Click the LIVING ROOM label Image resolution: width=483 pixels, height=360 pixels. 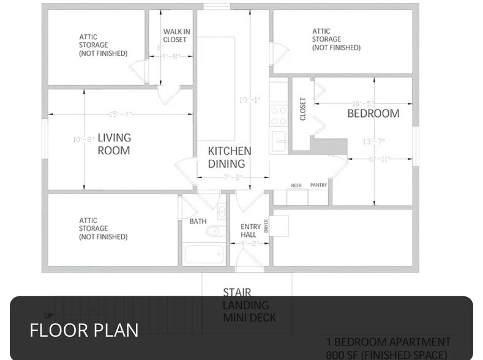tap(114, 144)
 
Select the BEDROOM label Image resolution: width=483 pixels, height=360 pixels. tap(373, 113)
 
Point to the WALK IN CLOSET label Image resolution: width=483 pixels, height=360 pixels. tap(174, 36)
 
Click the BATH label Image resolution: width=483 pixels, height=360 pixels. tap(197, 221)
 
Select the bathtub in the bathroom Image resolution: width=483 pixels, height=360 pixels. tap(204, 254)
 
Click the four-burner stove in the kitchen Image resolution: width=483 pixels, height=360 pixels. tap(279, 115)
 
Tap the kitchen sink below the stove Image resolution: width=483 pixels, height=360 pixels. tap(279, 139)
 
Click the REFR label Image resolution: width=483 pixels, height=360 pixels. tap(296, 185)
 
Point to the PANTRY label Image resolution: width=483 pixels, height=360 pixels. tap(318, 185)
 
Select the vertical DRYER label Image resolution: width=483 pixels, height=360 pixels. tap(266, 227)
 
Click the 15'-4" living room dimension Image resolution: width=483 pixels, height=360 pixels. tap(121, 114)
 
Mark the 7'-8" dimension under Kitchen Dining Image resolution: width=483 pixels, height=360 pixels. tap(232, 178)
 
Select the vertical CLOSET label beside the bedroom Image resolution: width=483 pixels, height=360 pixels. tap(302, 109)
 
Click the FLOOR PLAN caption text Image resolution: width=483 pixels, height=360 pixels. tap(84, 330)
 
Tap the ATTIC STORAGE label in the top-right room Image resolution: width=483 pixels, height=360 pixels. tap(336, 39)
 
